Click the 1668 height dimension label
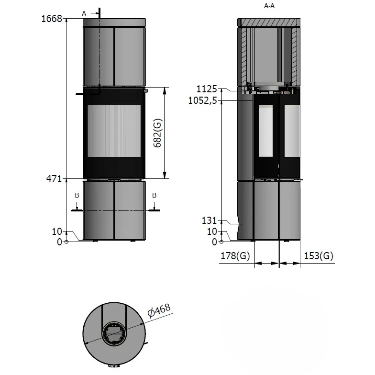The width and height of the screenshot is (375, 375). pos(52,18)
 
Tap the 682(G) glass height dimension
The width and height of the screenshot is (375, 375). pos(157,133)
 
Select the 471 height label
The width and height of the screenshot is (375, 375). pos(54,179)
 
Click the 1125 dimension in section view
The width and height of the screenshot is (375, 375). pos(207,89)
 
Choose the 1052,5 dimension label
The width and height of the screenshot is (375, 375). pos(203,100)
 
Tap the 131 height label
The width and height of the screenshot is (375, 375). pos(210,220)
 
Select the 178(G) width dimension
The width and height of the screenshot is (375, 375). pos(235,256)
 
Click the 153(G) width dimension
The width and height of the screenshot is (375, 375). pos(319,256)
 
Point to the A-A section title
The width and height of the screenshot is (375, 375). pos(269,6)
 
